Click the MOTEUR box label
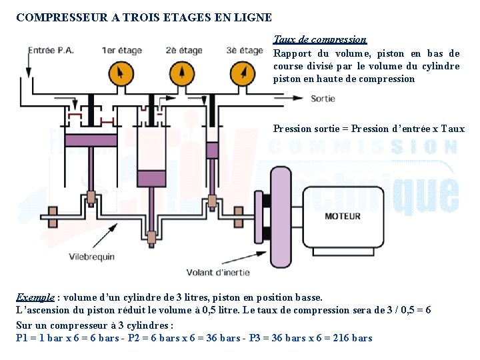(x=343, y=216)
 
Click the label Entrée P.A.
(x=51, y=51)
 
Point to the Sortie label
(x=323, y=99)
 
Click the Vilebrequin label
(x=92, y=257)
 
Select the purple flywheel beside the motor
(x=281, y=217)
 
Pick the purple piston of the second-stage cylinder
(x=153, y=179)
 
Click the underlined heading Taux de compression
(x=320, y=40)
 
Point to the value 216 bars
(x=351, y=337)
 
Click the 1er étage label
(x=122, y=51)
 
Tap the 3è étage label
(x=244, y=51)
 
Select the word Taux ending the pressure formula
(x=453, y=129)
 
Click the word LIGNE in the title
(x=252, y=17)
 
